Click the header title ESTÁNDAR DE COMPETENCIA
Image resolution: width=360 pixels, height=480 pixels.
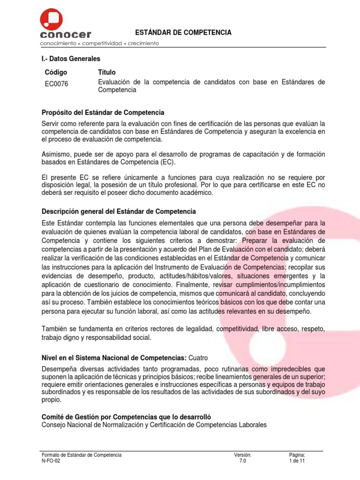pyautogui.click(x=183, y=32)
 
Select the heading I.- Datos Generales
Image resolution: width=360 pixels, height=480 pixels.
pyautogui.click(x=70, y=59)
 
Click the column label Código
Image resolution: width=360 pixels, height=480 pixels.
pyautogui.click(x=56, y=72)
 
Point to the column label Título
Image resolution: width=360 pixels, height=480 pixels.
pyautogui.click(x=107, y=72)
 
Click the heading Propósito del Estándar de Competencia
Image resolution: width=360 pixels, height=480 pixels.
pyautogui.click(x=103, y=113)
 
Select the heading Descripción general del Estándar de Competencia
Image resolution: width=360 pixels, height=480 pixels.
pyautogui.click(x=119, y=211)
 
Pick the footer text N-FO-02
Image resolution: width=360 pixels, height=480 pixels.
pyautogui.click(x=51, y=461)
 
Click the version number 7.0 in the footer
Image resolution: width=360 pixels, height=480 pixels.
pyautogui.click(x=242, y=461)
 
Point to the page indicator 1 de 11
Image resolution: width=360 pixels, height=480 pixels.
pyautogui.click(x=298, y=461)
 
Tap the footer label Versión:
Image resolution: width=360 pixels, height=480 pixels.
pyautogui.click(x=243, y=455)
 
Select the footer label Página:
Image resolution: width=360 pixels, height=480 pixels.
pyautogui.click(x=298, y=455)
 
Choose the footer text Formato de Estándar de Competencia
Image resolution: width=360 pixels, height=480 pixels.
pyautogui.click(x=82, y=455)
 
